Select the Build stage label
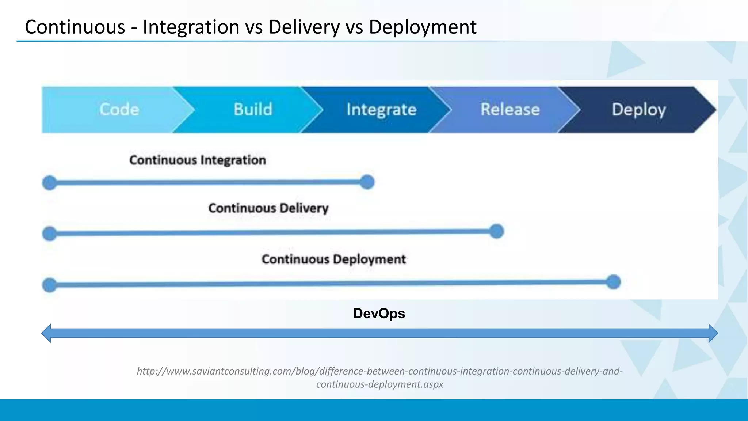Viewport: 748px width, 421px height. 253,110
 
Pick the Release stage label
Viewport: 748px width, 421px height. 510,110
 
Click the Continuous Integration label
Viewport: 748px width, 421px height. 198,160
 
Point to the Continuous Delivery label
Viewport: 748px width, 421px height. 268,208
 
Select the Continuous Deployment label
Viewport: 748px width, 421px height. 333,259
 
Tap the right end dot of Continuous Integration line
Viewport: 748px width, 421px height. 367,182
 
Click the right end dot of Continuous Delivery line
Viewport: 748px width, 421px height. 496,231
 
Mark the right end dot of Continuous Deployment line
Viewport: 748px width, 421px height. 613,282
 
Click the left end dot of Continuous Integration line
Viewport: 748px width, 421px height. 50,183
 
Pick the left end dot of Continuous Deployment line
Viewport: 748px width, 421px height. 50,285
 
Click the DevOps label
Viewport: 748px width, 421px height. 379,314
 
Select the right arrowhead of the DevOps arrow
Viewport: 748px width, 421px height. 713,333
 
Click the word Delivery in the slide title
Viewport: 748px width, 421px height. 304,27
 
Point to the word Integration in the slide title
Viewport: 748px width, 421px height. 191,27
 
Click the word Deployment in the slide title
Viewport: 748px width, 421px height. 423,27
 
